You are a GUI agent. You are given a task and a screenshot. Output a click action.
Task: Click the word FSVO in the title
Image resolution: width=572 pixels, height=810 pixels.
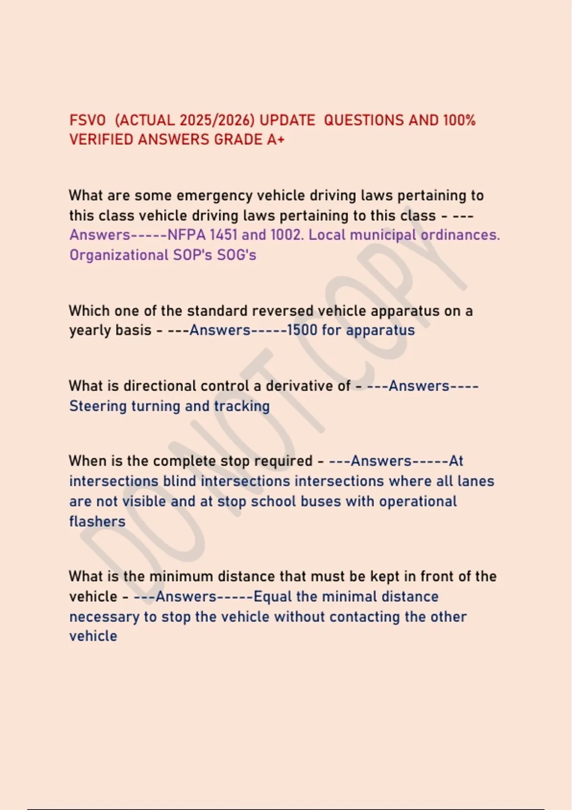coord(87,120)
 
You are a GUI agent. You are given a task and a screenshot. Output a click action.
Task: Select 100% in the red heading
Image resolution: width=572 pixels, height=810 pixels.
coord(459,120)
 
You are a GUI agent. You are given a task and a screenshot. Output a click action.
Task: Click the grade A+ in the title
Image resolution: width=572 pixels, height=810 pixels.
coord(276,140)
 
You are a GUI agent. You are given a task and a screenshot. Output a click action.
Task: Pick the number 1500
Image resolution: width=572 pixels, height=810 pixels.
coord(302,330)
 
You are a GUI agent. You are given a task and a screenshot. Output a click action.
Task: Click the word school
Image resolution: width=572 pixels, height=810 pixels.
coord(272,501)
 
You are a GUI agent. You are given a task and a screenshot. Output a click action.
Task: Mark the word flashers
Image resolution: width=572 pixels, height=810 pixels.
coord(97,521)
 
